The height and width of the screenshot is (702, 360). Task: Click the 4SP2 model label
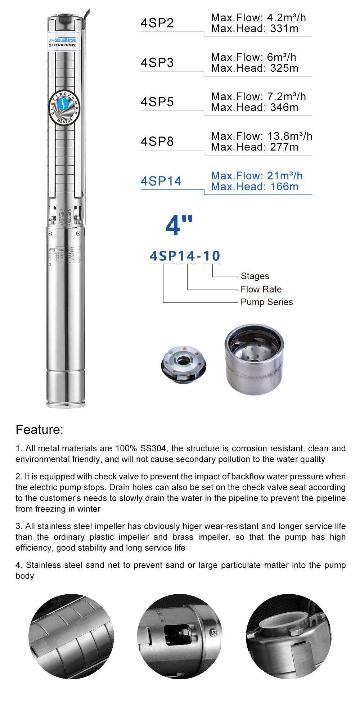click(157, 23)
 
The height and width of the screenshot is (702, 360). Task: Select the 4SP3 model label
click(157, 63)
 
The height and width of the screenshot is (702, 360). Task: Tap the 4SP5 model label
click(157, 102)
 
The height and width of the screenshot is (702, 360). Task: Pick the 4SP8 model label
click(157, 142)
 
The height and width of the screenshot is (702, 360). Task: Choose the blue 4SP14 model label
click(161, 181)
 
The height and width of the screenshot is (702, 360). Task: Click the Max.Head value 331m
click(284, 29)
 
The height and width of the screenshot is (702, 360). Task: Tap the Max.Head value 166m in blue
click(284, 187)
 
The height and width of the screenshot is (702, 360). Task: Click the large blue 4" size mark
click(179, 225)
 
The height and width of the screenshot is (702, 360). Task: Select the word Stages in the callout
click(255, 276)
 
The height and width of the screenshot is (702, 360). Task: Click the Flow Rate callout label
click(261, 289)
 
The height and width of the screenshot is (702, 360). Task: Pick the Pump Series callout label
click(266, 302)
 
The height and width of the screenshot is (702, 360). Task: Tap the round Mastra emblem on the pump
click(64, 107)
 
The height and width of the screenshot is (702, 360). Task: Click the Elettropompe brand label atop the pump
click(63, 42)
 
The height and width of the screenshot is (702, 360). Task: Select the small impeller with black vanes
click(184, 365)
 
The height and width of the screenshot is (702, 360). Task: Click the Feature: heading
click(40, 430)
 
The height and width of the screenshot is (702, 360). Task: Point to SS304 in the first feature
click(153, 448)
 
